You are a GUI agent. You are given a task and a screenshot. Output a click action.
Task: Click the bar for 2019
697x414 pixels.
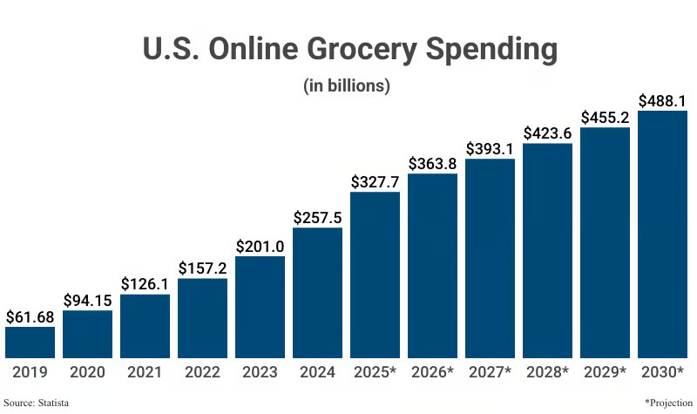tap(30, 343)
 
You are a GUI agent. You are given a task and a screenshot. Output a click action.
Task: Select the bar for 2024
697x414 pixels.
tap(317, 293)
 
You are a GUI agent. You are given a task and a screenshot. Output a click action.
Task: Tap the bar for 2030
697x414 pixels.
tap(662, 234)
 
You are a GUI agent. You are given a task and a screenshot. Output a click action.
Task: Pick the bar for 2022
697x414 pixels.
tap(202, 318)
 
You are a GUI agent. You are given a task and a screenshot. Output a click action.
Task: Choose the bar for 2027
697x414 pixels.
tap(490, 258)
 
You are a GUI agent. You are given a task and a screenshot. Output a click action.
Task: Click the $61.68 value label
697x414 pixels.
tap(30, 317)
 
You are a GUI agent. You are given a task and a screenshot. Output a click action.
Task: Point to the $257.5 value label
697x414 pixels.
tap(317, 217)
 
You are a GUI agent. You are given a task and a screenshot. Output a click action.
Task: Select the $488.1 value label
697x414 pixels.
tap(662, 101)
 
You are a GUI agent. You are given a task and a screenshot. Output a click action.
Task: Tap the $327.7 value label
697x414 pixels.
tap(375, 182)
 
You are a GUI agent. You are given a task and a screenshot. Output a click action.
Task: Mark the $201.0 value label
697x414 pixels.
tap(260, 247)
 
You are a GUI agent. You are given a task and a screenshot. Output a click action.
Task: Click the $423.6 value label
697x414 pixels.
tap(547, 133)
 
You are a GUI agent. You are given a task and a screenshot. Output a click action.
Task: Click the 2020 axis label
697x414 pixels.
tap(88, 372)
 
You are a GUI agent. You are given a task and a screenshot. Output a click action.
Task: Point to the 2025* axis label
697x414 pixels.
tap(375, 372)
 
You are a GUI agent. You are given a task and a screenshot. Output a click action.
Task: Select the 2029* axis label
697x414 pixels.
tap(605, 372)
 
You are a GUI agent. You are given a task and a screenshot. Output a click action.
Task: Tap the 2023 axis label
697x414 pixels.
tap(260, 372)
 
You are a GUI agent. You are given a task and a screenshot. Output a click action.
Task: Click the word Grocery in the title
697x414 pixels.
tap(362, 49)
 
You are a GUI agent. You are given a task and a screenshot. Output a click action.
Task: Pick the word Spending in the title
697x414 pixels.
tap(491, 49)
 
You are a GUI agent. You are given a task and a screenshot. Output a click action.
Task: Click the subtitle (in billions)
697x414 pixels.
tap(347, 85)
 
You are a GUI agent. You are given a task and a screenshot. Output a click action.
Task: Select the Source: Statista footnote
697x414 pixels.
tap(37, 403)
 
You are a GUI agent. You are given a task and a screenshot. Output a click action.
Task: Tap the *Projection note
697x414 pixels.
tap(668, 403)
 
